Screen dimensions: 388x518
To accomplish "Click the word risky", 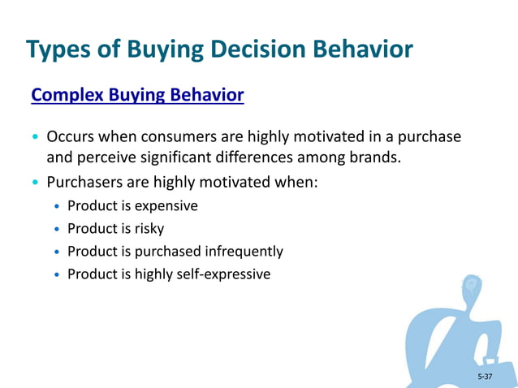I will (x=149, y=229).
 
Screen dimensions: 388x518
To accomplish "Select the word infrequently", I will (x=243, y=252).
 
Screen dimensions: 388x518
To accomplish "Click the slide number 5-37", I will (x=485, y=377).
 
